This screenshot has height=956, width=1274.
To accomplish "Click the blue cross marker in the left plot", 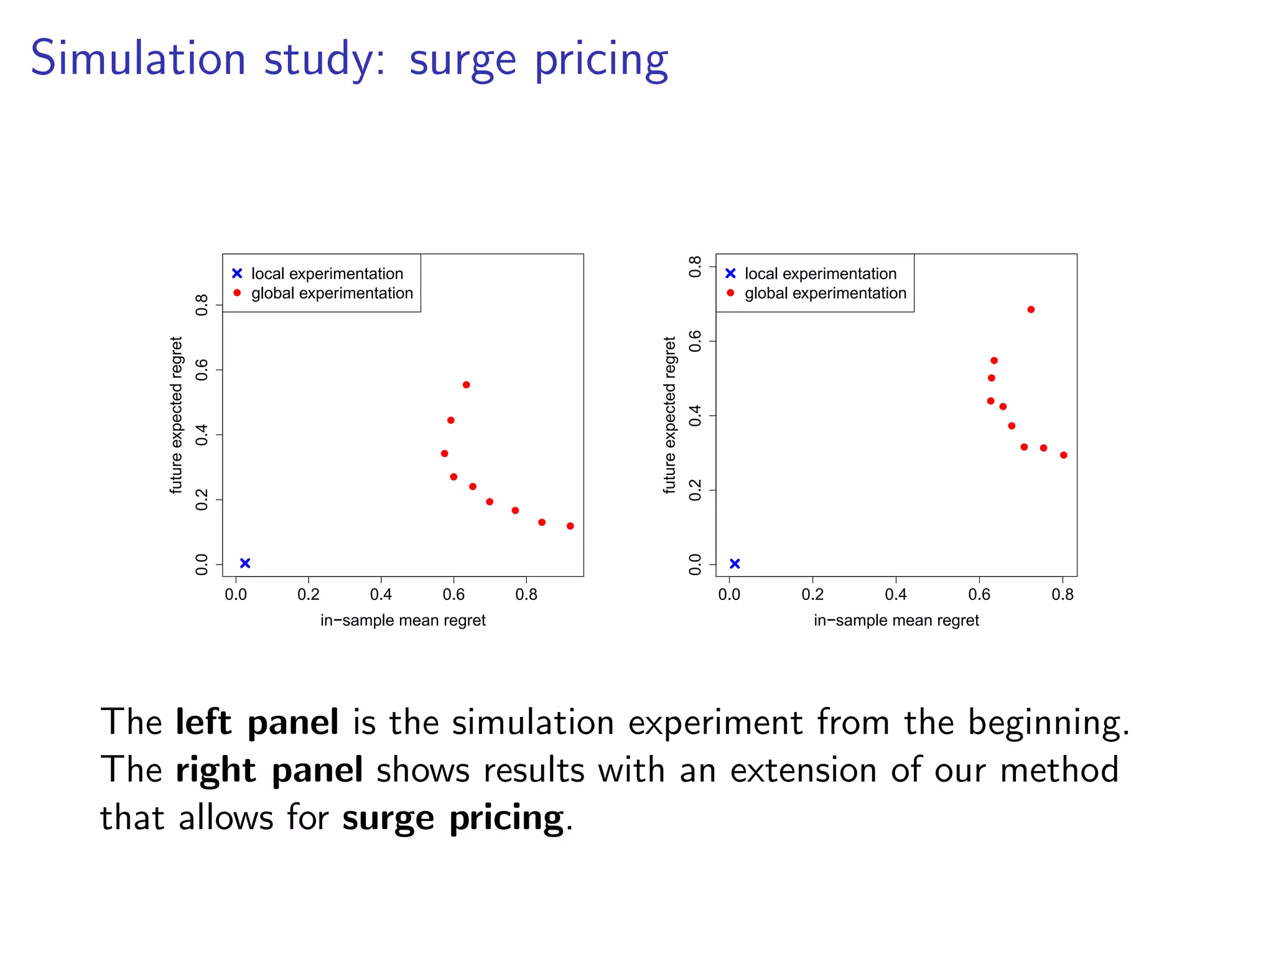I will pyautogui.click(x=245, y=563).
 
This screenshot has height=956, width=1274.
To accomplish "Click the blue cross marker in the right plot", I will pyautogui.click(x=735, y=564).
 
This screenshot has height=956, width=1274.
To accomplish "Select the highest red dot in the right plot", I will pyautogui.click(x=1031, y=309).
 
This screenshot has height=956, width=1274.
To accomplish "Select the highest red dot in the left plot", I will pyautogui.click(x=467, y=385).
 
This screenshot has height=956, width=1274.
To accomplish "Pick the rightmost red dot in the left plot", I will pyautogui.click(x=570, y=526).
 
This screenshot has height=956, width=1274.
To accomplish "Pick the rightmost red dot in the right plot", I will pyautogui.click(x=1064, y=455).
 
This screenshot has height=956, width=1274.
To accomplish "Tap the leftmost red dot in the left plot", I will pyautogui.click(x=444, y=454).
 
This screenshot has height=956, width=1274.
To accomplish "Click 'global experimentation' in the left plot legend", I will pyautogui.click(x=332, y=293).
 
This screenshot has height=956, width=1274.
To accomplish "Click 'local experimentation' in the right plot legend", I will pyautogui.click(x=820, y=274).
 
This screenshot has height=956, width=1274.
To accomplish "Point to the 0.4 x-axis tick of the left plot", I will pyautogui.click(x=381, y=594).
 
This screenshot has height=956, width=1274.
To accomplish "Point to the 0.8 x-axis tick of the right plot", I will pyautogui.click(x=1062, y=594).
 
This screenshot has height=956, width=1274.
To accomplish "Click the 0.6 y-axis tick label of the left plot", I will pyautogui.click(x=202, y=370).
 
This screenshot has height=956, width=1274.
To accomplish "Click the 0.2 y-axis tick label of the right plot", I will pyautogui.click(x=695, y=490).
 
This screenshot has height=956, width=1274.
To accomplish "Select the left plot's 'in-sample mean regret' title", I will pyautogui.click(x=403, y=621).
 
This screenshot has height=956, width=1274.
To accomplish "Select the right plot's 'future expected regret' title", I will pyautogui.click(x=669, y=415).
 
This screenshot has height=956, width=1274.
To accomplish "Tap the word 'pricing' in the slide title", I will pyautogui.click(x=601, y=60).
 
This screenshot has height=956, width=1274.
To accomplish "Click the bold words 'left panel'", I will pyautogui.click(x=257, y=723).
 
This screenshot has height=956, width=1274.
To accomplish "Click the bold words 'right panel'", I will pyautogui.click(x=269, y=771).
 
